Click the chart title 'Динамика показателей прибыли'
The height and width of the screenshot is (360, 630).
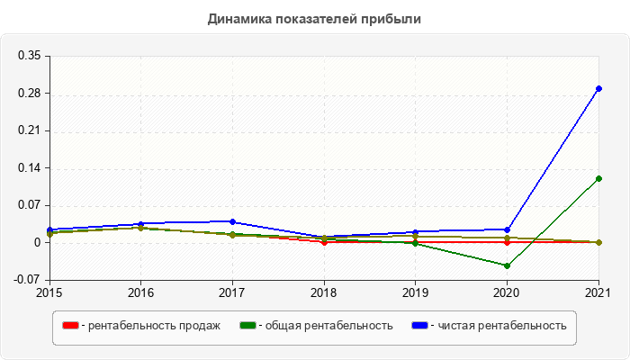coord(314,18)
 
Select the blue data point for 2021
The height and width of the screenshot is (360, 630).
coord(598,88)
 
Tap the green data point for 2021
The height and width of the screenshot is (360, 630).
coord(598,178)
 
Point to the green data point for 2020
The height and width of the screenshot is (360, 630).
coord(507,265)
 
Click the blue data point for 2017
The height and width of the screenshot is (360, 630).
coord(232,221)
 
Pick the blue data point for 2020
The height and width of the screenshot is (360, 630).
coord(507,229)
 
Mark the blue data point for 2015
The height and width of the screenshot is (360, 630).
coord(49,229)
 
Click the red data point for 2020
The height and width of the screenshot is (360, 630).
coord(507,242)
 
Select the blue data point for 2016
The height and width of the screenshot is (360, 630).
coord(140,224)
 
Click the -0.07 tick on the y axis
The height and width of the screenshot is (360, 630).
coord(27,280)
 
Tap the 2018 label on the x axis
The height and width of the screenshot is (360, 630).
coord(324,292)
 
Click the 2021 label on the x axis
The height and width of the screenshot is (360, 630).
coord(598,292)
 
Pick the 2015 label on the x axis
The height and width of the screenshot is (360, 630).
coord(49,292)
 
